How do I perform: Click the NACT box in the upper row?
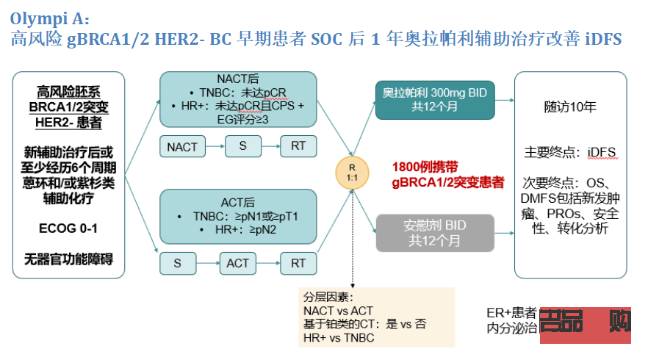point(182,146)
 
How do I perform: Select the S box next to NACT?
point(242,146)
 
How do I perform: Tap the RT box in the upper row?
point(298,146)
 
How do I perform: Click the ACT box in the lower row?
point(237,262)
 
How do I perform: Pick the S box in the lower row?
point(177,262)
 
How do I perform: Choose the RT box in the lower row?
point(298,262)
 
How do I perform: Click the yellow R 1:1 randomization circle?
point(353,173)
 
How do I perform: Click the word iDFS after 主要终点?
point(602,153)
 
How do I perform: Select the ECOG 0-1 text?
point(68,228)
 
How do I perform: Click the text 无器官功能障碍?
point(68,259)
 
